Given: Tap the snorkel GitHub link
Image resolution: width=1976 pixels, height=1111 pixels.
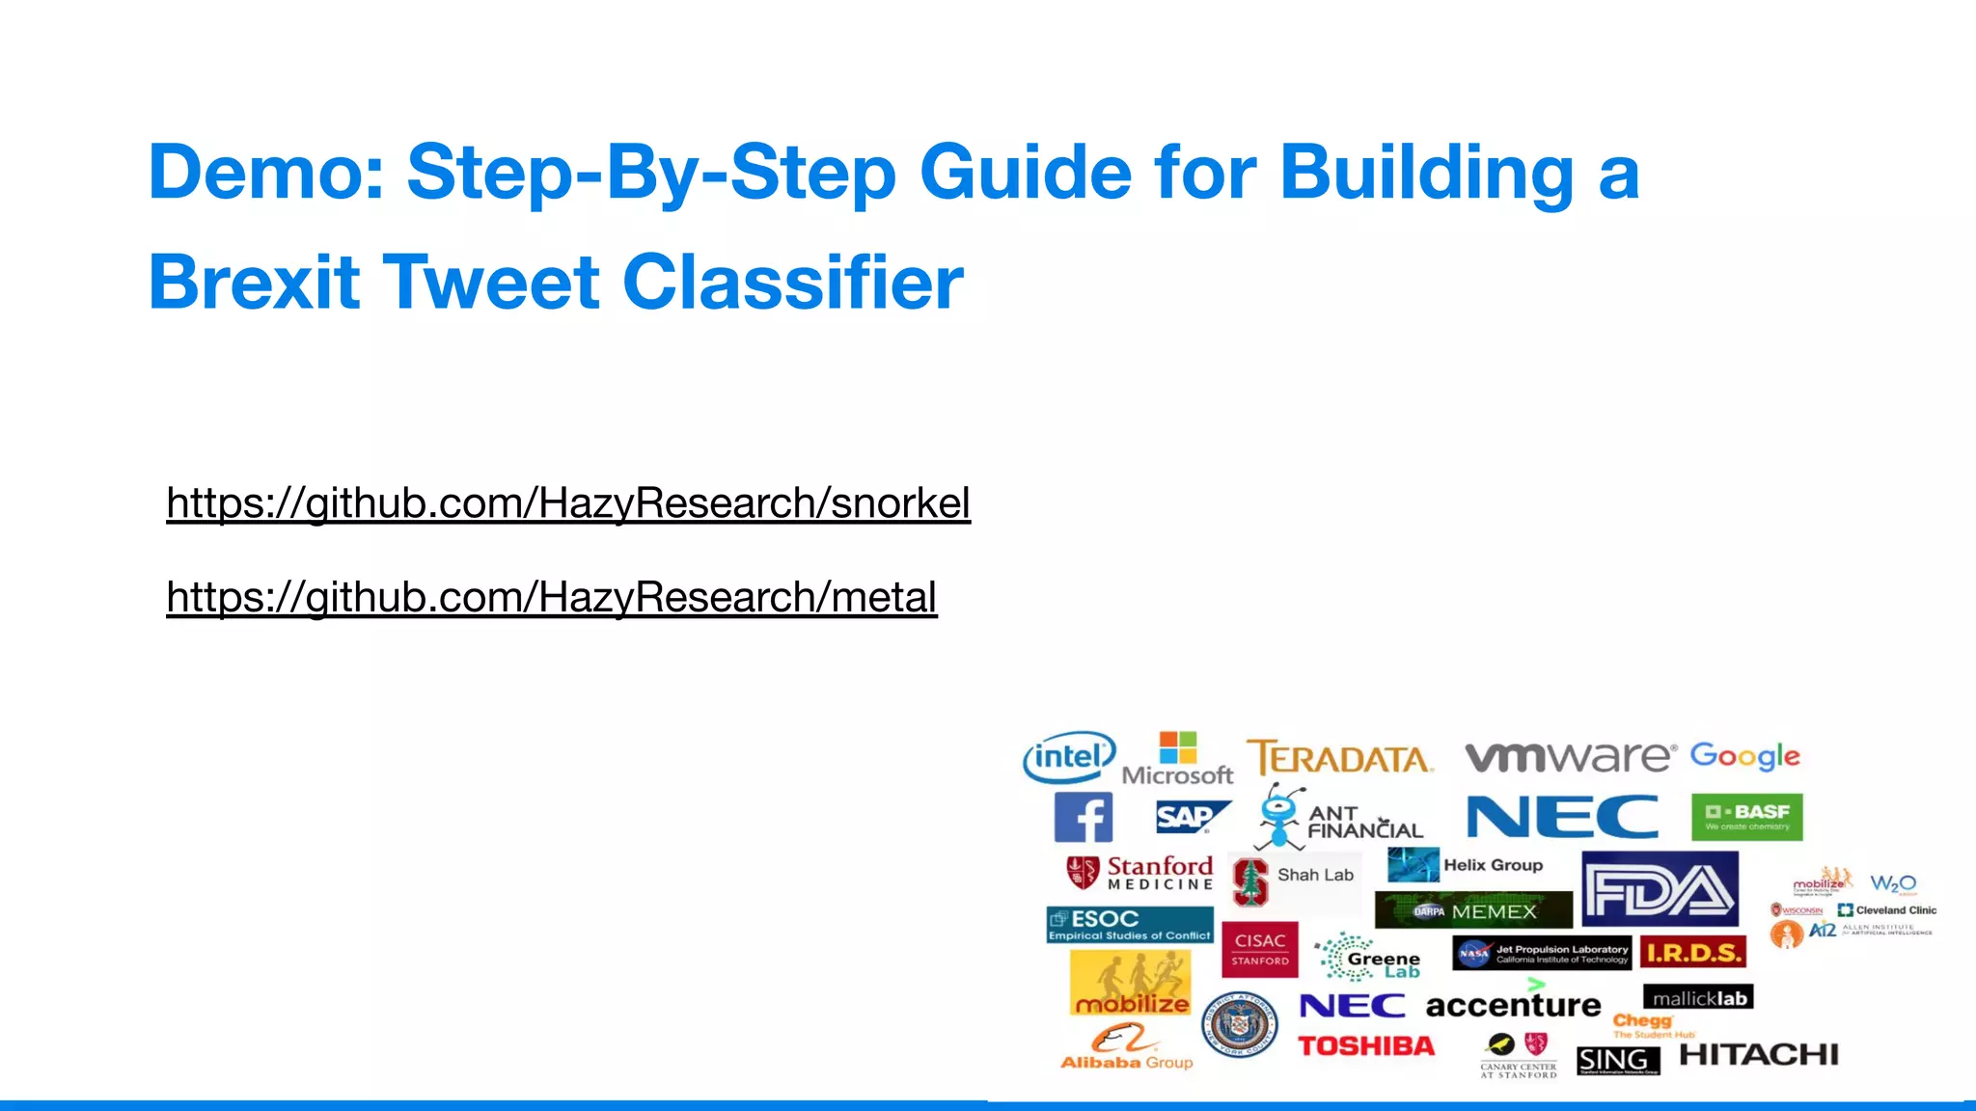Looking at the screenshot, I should tap(568, 503).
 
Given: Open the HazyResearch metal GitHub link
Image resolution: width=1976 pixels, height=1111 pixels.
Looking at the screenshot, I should tap(552, 598).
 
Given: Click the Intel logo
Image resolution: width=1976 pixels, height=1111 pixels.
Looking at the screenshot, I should tap(1069, 757).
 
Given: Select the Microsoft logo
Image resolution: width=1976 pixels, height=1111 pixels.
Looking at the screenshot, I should tap(1177, 759).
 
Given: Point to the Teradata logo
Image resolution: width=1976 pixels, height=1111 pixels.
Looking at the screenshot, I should tap(1340, 759).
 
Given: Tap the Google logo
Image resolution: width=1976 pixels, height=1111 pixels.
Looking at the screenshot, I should tap(1744, 756).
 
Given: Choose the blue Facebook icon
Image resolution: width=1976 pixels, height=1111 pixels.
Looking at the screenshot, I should tap(1083, 818).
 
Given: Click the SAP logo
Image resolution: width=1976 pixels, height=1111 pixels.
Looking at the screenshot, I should tap(1191, 817).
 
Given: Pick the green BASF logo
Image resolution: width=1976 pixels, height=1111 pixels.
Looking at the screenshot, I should tap(1746, 817).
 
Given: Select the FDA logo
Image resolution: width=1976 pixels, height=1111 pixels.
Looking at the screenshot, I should tap(1660, 889).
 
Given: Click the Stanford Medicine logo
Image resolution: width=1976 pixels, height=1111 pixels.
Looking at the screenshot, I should tap(1139, 873).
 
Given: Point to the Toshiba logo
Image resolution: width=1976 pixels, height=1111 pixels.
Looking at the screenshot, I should tap(1366, 1046).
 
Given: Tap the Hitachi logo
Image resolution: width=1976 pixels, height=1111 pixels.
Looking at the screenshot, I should tap(1759, 1055).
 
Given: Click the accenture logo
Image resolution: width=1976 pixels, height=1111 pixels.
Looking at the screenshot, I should tap(1513, 1004).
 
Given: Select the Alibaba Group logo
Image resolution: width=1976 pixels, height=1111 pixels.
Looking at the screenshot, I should tap(1126, 1049).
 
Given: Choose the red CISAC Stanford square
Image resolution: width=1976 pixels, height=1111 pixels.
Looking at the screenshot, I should tap(1260, 950).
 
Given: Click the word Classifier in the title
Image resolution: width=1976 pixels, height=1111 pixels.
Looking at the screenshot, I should tap(793, 283).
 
